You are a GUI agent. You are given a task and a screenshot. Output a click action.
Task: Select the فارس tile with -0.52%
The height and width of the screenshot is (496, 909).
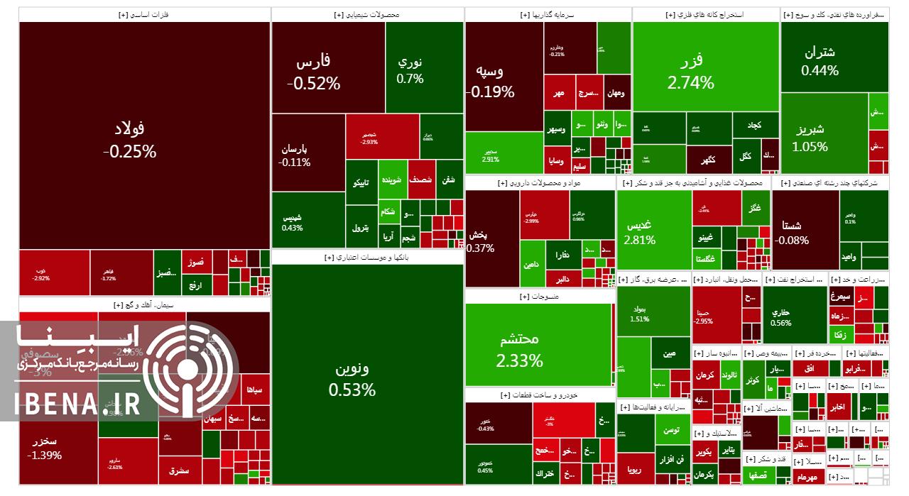pos(313,72)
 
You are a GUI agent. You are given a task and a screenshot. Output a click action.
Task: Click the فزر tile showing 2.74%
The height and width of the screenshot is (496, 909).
pos(690,71)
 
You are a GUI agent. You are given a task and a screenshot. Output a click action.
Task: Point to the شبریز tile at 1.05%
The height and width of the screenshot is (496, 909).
pos(810,138)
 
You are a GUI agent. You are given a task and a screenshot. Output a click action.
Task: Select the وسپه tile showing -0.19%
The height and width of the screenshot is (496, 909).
pos(490,81)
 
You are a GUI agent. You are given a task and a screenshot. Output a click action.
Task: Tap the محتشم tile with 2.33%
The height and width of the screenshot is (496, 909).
pos(519,350)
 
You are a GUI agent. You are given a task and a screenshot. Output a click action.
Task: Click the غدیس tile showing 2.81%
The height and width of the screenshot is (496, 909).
pos(639,232)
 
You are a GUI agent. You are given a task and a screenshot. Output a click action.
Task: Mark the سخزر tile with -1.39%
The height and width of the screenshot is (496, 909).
pos(44,448)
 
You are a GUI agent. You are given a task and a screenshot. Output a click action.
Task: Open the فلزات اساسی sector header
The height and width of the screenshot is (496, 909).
pos(145,14)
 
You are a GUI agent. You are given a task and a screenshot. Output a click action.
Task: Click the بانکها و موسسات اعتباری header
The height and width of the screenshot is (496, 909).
pos(368,258)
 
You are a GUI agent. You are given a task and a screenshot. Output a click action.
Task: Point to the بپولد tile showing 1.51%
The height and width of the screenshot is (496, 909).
pos(639,314)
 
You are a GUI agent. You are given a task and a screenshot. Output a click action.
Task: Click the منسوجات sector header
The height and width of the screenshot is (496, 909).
pos(540,297)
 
